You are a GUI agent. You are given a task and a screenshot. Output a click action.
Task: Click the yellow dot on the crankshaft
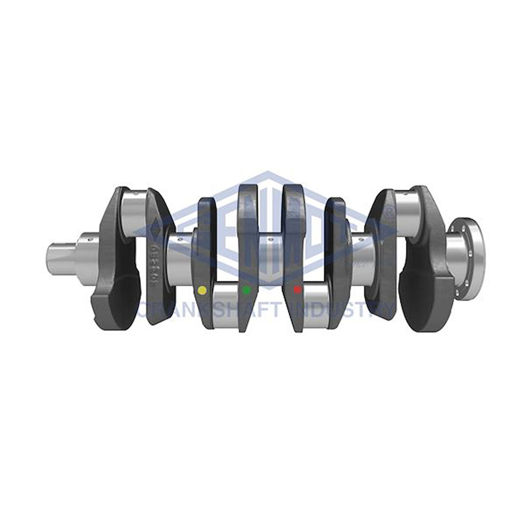tap(202, 291)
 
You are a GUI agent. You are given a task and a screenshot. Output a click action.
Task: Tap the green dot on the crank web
tap(246, 290)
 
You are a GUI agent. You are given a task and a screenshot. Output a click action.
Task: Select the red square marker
tap(298, 290)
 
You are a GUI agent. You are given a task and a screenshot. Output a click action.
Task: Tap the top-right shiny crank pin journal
tap(408, 208)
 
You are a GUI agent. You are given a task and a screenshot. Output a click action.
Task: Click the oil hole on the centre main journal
tap(269, 240)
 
